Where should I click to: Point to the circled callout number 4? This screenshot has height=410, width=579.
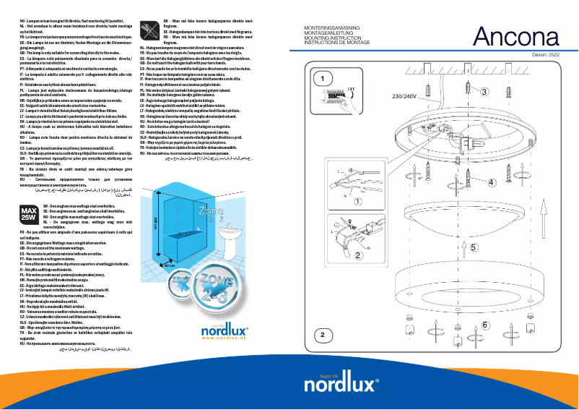(x=492, y=183)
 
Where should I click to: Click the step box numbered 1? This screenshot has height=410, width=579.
(x=324, y=78)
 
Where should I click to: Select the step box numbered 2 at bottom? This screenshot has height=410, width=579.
(x=324, y=354)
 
